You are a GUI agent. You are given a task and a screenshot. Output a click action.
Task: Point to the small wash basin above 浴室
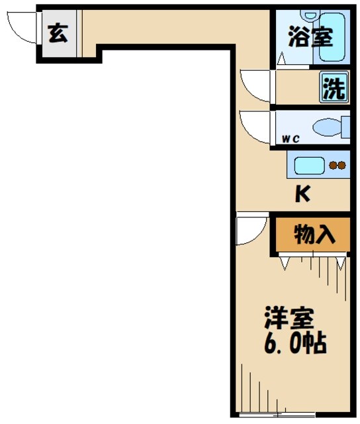(x=310, y=15)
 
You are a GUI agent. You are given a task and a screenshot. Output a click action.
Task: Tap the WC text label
(x=291, y=138)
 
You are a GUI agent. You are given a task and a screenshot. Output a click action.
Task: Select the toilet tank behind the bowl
(x=345, y=127)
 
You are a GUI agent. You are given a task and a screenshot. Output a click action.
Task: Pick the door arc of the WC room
(x=255, y=124)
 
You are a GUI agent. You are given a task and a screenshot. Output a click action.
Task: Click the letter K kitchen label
(x=302, y=194)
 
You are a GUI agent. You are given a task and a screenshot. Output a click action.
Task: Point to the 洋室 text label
(x=289, y=319)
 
